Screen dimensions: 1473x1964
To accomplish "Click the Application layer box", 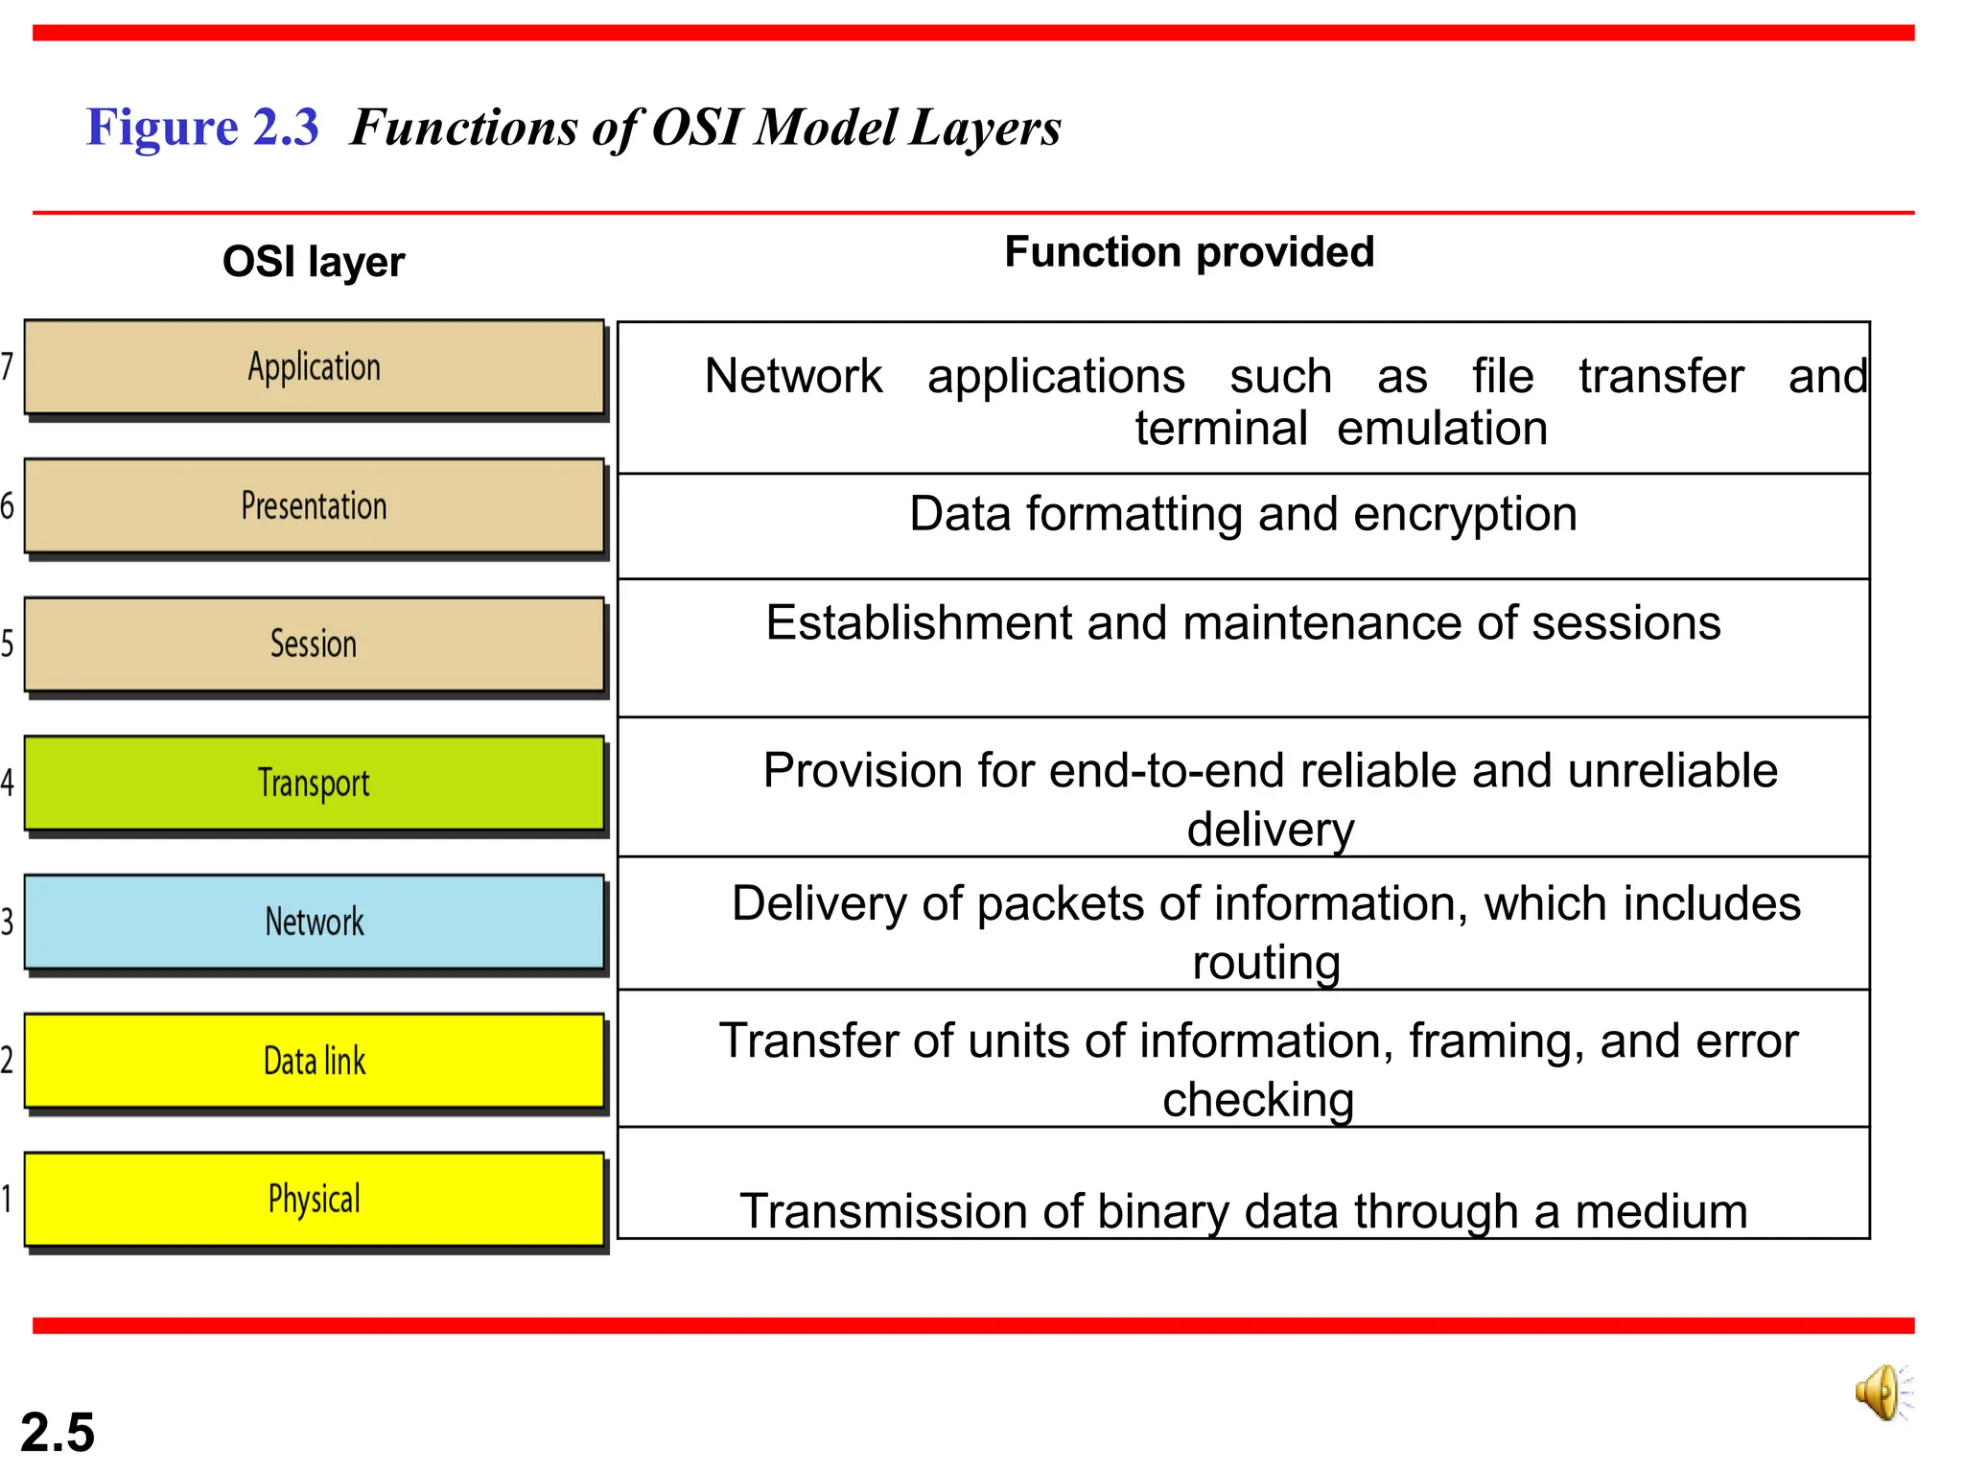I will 314,367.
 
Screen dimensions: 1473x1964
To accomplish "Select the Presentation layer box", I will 314,506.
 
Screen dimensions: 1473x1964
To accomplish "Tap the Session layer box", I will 314,644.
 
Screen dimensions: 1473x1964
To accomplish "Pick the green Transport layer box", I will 314,783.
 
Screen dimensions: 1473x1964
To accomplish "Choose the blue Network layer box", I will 314,922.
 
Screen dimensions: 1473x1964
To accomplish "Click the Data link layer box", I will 314,1061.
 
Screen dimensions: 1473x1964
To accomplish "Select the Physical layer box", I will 314,1199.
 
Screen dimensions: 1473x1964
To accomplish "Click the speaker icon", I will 1882,1392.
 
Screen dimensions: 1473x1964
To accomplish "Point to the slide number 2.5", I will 58,1433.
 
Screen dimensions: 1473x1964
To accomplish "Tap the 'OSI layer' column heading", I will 314,262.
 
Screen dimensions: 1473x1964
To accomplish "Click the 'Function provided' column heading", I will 1189,252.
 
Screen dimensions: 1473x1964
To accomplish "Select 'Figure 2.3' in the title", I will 202,128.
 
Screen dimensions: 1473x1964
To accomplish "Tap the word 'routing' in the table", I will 1266,962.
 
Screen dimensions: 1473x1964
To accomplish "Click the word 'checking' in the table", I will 1258,1100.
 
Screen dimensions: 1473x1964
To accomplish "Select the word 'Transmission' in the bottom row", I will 883,1211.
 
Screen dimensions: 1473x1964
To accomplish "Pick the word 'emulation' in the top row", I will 1442,429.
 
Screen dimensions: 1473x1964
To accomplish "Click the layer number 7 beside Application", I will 8,366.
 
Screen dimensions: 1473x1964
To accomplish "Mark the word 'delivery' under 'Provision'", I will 1271,830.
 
